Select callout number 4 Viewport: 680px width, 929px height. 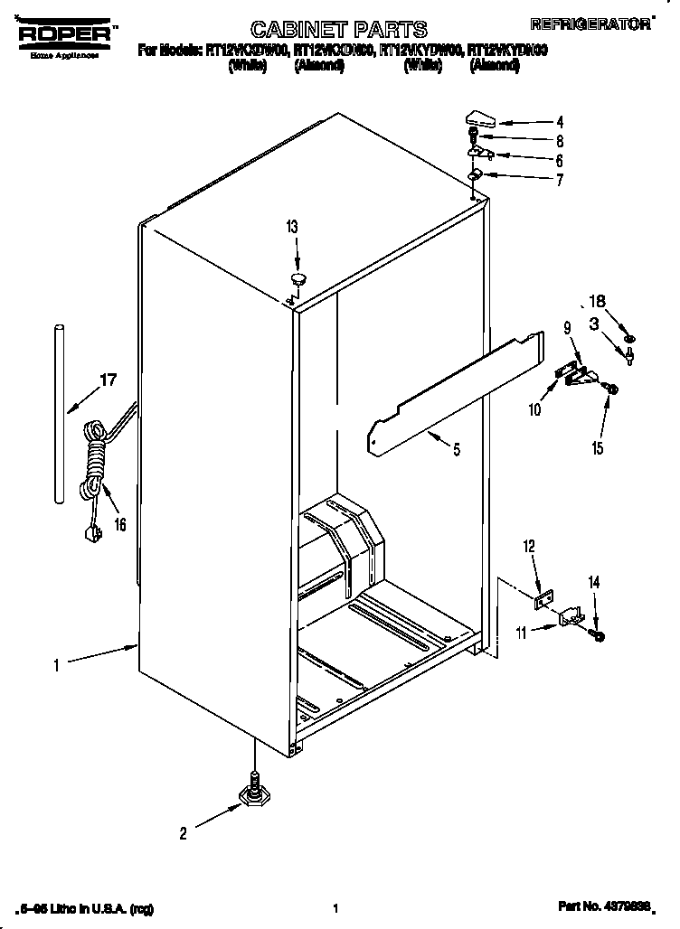click(x=561, y=121)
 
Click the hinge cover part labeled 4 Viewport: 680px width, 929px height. click(x=480, y=117)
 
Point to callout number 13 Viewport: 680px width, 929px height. click(x=290, y=229)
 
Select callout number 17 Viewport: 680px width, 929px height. click(x=107, y=380)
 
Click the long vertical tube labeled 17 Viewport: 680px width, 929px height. click(x=59, y=411)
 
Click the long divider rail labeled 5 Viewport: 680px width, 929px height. click(x=457, y=389)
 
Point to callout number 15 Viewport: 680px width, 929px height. click(x=598, y=447)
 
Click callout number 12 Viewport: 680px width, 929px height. click(x=530, y=546)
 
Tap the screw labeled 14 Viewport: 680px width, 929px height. click(x=599, y=637)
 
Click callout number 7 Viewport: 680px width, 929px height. click(x=560, y=180)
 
